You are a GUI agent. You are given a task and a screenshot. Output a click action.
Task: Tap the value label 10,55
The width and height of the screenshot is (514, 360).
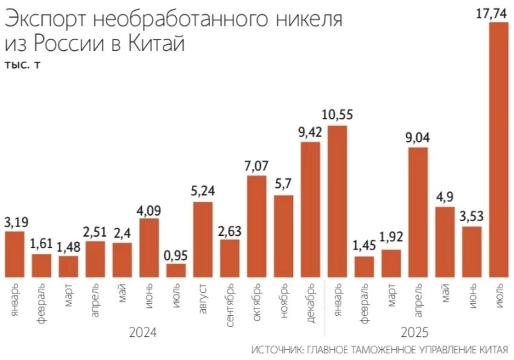click(x=337, y=114)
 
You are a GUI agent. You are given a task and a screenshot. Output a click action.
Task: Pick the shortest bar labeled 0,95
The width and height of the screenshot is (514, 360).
click(x=176, y=271)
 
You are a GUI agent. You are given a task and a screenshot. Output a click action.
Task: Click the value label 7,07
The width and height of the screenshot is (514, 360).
click(x=256, y=165)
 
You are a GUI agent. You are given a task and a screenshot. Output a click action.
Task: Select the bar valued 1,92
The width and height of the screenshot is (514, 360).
click(x=391, y=263)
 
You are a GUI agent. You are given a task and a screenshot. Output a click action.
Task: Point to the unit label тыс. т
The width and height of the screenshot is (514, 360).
click(x=22, y=65)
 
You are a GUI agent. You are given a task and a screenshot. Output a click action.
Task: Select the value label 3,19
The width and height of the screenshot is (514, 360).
click(x=16, y=221)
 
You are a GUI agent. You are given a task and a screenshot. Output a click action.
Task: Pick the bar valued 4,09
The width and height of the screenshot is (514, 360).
click(x=149, y=247)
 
